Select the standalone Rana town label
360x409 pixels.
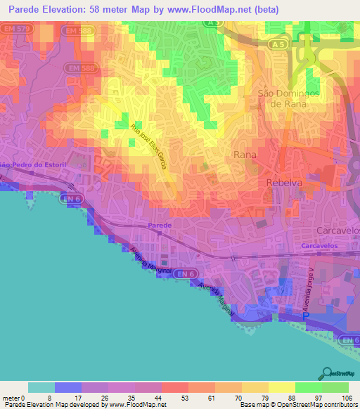click(245, 153)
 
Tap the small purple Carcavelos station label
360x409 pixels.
click(321, 247)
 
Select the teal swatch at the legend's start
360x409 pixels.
click(41, 387)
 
